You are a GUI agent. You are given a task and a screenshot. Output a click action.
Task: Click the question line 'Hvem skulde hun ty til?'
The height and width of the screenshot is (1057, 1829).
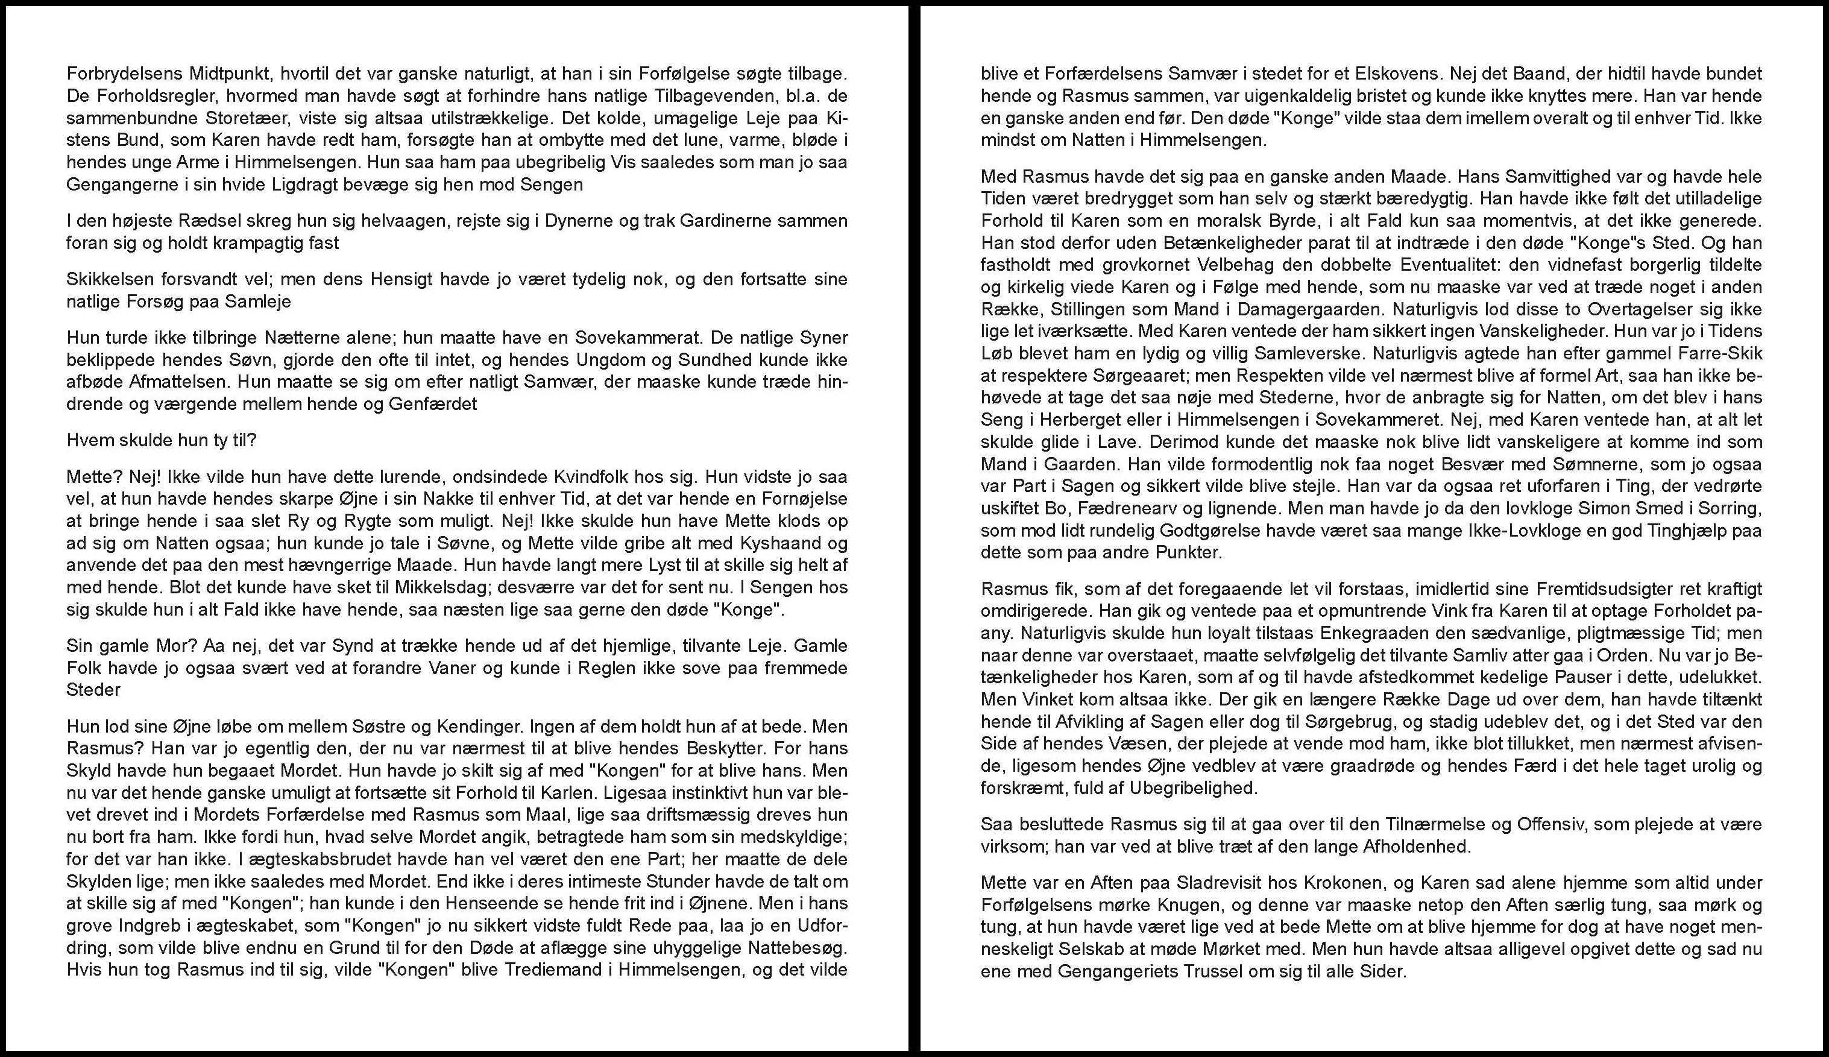pyautogui.click(x=161, y=441)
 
